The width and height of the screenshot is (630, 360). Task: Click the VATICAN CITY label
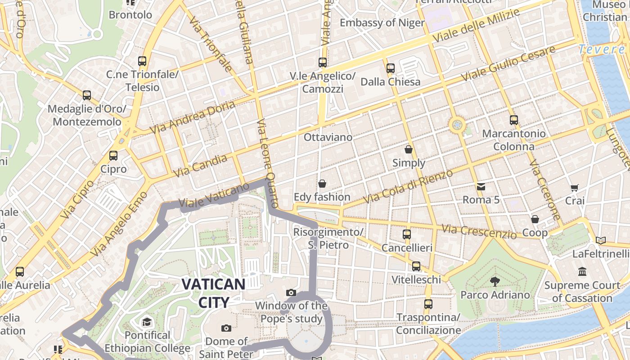click(x=213, y=293)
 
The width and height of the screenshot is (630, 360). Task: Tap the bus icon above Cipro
click(x=113, y=156)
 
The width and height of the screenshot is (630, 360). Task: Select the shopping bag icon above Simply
click(x=409, y=149)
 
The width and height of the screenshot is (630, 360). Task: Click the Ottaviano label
click(x=328, y=137)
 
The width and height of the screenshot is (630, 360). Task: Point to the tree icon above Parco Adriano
click(x=495, y=282)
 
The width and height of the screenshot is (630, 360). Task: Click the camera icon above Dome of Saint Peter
click(x=226, y=328)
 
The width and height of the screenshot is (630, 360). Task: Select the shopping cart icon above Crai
click(x=574, y=188)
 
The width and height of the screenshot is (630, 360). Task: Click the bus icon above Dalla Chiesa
click(x=390, y=68)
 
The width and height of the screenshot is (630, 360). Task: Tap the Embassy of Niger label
click(x=382, y=22)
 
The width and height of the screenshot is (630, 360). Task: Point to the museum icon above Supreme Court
click(x=582, y=271)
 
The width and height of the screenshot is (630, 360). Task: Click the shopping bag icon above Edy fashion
click(x=322, y=183)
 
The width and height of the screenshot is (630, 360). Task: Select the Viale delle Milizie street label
click(x=477, y=25)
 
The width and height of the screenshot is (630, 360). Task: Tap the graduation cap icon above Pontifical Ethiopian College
click(x=147, y=321)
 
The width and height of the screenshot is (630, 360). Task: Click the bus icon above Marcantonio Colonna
click(x=513, y=120)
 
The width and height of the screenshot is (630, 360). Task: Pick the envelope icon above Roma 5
click(x=481, y=186)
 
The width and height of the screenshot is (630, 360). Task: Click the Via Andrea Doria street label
click(x=193, y=117)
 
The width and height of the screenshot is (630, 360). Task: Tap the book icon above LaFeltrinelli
click(x=600, y=240)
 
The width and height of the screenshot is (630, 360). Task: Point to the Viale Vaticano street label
click(x=214, y=196)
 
